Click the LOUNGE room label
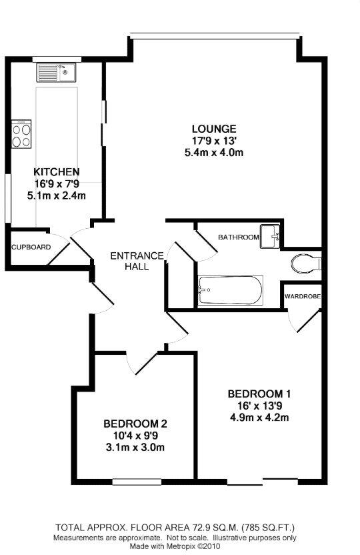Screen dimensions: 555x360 point(214,129)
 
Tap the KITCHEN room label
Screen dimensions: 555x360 point(57,171)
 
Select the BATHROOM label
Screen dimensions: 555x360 point(238,237)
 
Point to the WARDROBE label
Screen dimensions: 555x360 point(303,296)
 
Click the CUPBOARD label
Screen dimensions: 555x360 point(31,247)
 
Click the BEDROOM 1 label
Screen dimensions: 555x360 point(259,393)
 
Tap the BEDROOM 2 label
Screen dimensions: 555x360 point(135,424)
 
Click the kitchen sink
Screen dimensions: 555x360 point(57,71)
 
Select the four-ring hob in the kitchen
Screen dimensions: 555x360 point(21,135)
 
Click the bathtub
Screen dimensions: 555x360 point(230,290)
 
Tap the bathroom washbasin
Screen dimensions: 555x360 point(270,235)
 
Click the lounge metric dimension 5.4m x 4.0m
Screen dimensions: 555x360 point(214,153)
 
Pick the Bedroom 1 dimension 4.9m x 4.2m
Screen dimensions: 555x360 point(259,418)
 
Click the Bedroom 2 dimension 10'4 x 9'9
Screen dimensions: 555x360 point(135,436)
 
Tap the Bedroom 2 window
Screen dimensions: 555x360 point(136,482)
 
